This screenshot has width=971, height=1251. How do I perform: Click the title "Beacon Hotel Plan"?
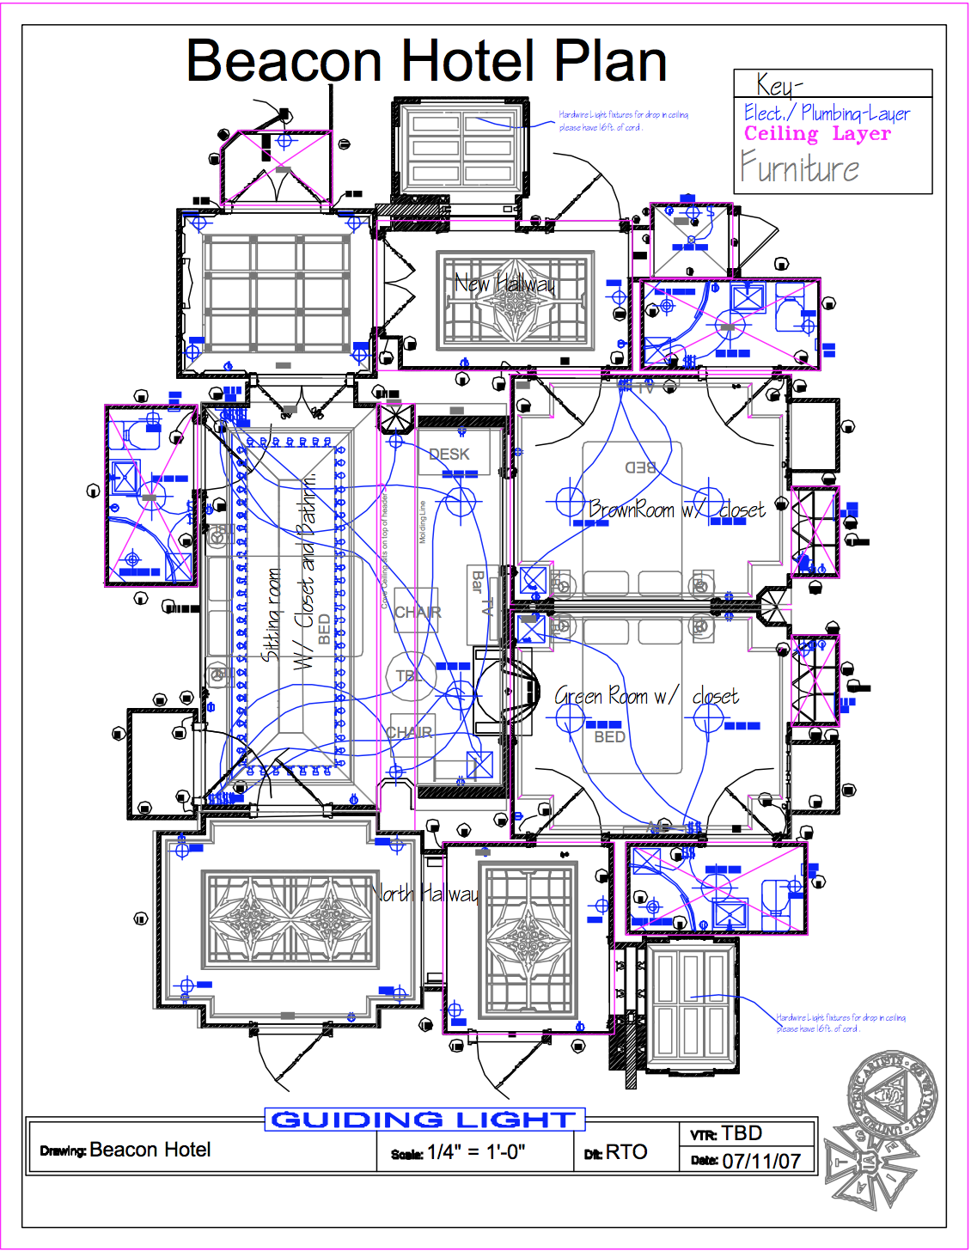(427, 61)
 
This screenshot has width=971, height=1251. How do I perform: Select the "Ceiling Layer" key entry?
(817, 134)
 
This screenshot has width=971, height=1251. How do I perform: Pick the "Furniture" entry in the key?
(799, 168)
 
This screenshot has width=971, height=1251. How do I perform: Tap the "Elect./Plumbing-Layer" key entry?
(827, 113)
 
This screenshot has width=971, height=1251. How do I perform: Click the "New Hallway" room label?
(504, 283)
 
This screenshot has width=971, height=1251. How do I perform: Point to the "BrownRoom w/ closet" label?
(676, 510)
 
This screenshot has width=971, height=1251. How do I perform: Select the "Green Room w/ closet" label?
(646, 696)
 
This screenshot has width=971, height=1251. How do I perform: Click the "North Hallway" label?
(427, 894)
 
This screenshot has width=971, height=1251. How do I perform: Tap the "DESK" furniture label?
(449, 455)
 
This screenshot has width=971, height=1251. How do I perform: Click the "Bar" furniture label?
(478, 581)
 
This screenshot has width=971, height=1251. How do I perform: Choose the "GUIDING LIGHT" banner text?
(424, 1120)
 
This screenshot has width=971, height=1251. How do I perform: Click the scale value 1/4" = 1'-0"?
(475, 1152)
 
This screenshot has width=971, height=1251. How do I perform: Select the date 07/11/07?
(761, 1161)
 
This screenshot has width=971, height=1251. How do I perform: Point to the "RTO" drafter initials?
(626, 1152)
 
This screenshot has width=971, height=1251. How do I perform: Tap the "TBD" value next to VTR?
(742, 1132)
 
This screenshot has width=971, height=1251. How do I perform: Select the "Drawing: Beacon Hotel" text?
(125, 1150)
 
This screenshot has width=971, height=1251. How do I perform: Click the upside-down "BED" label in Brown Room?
(640, 467)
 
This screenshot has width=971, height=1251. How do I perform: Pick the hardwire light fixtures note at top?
(623, 120)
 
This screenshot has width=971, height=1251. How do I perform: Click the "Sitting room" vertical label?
(272, 613)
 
